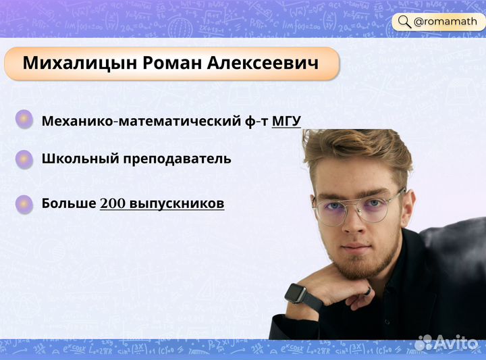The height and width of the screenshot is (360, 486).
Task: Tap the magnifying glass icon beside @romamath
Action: pos(404,22)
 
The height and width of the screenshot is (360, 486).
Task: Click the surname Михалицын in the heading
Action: pos(80,63)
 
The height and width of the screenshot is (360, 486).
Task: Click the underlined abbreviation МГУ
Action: pos(286,122)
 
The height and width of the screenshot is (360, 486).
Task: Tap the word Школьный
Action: pos(79,159)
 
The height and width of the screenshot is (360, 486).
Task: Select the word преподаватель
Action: pos(176,159)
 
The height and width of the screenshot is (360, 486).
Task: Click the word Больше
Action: pos(68,203)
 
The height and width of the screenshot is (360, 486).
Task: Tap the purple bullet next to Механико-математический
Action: pos(24,120)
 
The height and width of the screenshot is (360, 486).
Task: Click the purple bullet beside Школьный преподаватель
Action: pos(24,159)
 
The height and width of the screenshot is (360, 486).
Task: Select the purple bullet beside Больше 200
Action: pos(24,203)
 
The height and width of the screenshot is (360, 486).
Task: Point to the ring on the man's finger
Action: pos(368,290)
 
